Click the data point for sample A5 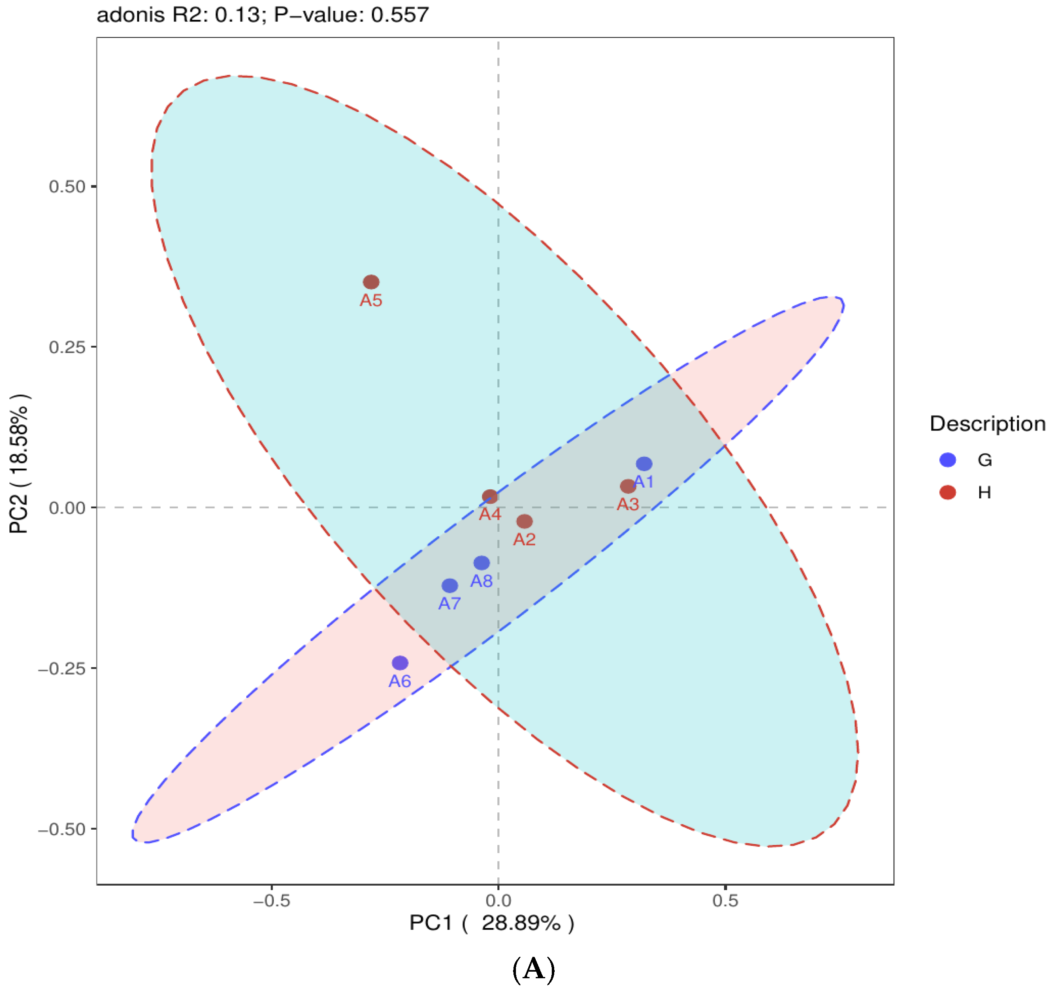click(371, 282)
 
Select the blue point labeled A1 click(644, 464)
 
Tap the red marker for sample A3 click(628, 486)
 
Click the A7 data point click(450, 585)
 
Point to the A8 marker click(481, 563)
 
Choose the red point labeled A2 click(524, 521)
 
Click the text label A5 click(371, 300)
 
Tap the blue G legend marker click(947, 460)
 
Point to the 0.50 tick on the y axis click(67, 186)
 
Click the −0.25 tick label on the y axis click(61, 668)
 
